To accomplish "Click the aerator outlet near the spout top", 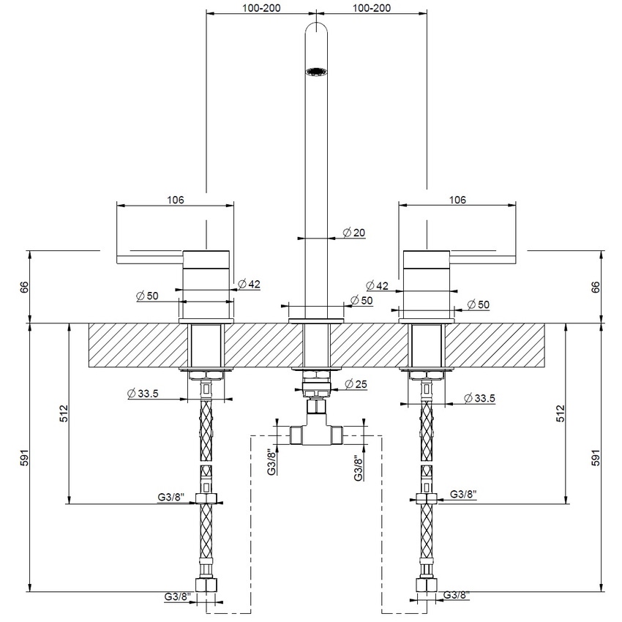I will [x=315, y=72].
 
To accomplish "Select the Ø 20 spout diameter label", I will [x=353, y=233].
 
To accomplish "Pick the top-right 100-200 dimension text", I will [x=371, y=7].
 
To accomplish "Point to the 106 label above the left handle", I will [x=174, y=199].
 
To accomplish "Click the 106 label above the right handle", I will [x=457, y=199].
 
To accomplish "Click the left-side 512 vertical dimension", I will [x=64, y=413].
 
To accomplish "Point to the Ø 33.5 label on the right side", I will [x=479, y=398].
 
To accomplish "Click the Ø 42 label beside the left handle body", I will [x=250, y=284].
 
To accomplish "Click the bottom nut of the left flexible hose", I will [x=206, y=585].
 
